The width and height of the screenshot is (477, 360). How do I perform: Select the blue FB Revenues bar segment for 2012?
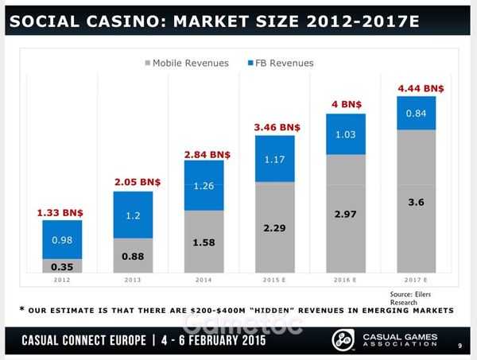(x=62, y=239)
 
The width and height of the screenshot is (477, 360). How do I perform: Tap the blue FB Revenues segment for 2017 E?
(x=416, y=114)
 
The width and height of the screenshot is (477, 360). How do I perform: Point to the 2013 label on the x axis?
(x=134, y=280)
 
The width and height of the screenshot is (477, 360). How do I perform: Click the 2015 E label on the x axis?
(x=275, y=280)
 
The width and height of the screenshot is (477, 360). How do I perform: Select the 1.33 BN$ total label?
(x=61, y=213)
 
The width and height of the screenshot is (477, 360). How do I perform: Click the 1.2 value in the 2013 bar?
(x=134, y=215)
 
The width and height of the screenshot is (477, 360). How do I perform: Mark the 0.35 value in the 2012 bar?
(x=62, y=267)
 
